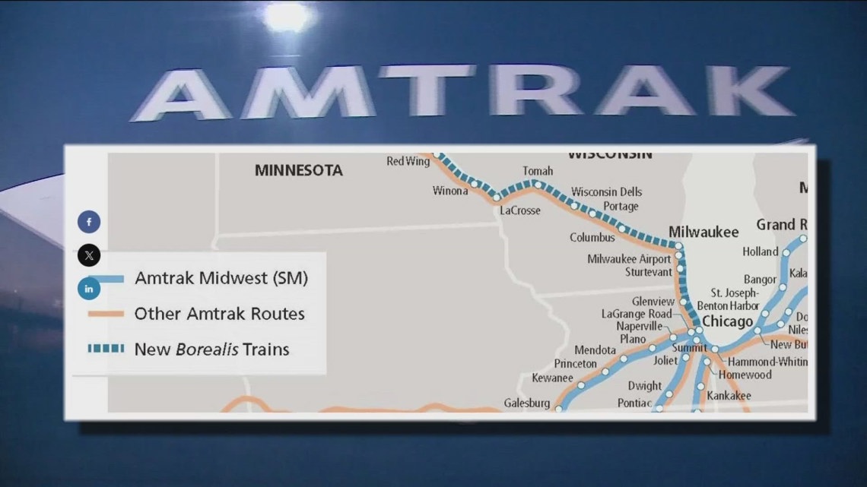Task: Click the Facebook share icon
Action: (89, 222)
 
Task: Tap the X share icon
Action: (89, 255)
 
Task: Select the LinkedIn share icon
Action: (89, 288)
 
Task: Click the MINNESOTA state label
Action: (298, 170)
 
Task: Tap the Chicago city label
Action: (726, 322)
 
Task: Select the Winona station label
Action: (450, 191)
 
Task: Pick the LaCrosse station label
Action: (519, 210)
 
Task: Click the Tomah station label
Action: (537, 171)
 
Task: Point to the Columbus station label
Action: (592, 238)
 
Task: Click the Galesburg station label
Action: (526, 403)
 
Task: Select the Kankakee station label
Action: (729, 396)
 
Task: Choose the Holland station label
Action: (760, 251)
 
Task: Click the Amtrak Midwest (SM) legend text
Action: (221, 278)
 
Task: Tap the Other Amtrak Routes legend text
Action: (219, 313)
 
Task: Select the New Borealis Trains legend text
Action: (211, 349)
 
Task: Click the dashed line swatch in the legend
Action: (106, 349)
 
